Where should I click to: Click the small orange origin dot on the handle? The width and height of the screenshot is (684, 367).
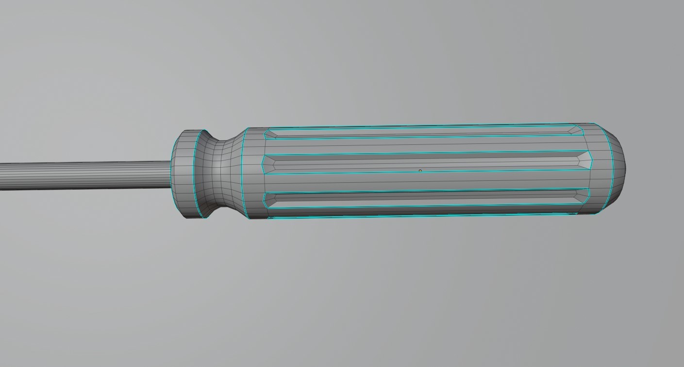point(420,171)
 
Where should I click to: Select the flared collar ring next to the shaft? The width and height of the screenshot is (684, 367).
point(184,174)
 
